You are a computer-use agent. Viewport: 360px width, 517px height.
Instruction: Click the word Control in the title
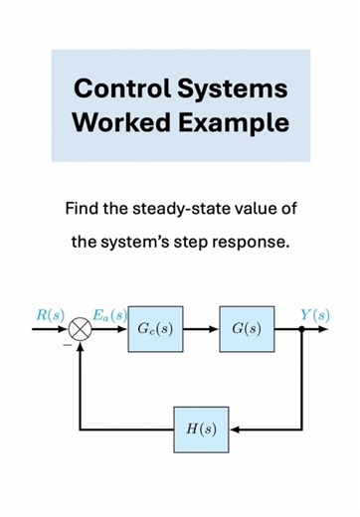click(x=121, y=88)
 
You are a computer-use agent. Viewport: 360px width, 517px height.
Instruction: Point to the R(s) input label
click(x=50, y=315)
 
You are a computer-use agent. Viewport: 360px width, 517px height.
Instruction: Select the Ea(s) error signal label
click(x=109, y=315)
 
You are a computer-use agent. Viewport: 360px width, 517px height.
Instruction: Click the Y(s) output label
click(x=315, y=315)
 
